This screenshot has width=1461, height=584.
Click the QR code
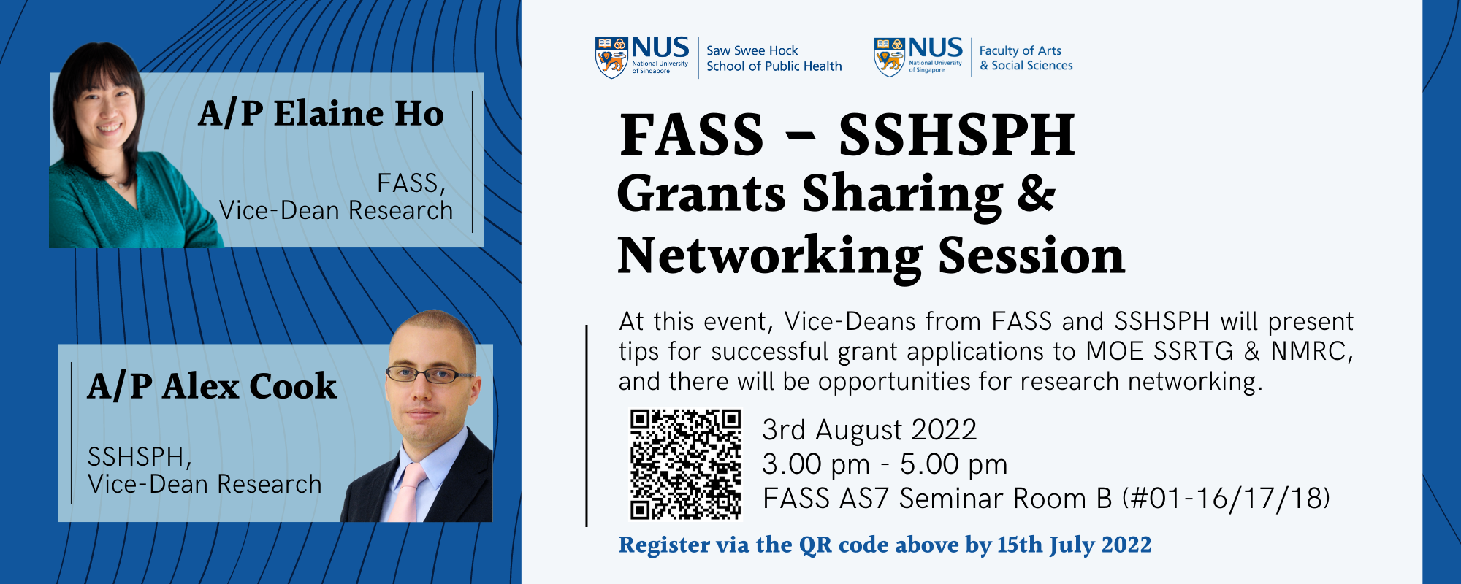click(x=685, y=464)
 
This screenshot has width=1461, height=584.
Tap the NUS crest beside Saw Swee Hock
click(x=612, y=58)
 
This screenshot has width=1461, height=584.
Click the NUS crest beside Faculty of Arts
click(x=890, y=57)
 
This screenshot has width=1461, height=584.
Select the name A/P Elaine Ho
click(x=321, y=114)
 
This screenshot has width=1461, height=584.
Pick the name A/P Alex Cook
click(x=212, y=386)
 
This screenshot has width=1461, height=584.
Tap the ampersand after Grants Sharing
click(x=1037, y=194)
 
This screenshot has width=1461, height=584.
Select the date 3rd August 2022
click(x=869, y=430)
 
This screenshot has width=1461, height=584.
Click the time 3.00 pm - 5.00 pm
click(x=885, y=464)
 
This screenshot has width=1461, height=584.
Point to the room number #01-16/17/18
click(x=1227, y=499)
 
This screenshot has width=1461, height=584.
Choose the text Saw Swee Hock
click(x=752, y=50)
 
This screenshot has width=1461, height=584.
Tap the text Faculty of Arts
click(x=1020, y=50)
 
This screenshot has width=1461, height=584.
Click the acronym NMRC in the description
click(x=1312, y=352)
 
